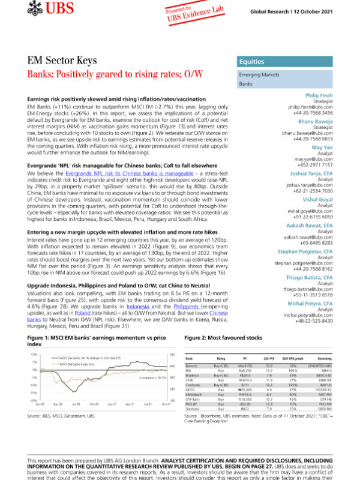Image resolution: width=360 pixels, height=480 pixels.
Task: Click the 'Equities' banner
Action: (x=250, y=62)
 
